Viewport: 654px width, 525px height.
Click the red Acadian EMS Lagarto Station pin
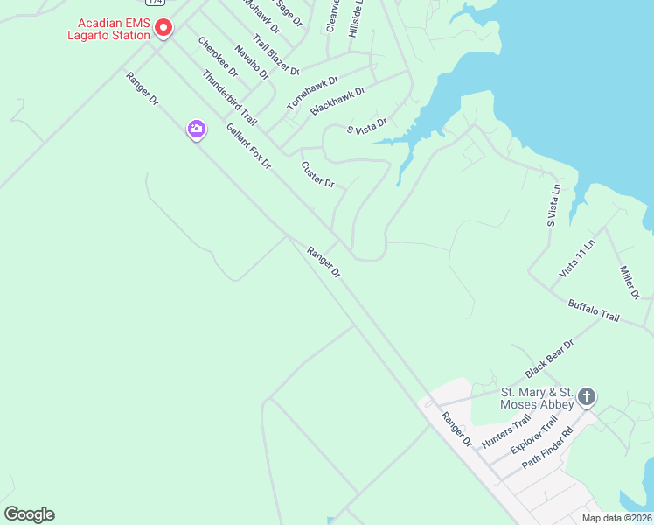click(163, 29)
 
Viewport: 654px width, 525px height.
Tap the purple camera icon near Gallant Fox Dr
click(197, 130)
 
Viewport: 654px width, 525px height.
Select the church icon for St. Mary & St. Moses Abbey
click(587, 397)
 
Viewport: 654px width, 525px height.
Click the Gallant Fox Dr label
click(249, 146)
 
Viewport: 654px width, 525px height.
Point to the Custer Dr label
click(317, 174)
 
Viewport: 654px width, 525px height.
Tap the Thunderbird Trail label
click(229, 97)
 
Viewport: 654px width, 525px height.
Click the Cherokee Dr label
click(218, 57)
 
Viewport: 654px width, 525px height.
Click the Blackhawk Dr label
click(337, 101)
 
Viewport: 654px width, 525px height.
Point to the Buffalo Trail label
click(594, 311)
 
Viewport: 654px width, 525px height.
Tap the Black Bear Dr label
click(550, 358)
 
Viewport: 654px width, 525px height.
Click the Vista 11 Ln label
click(577, 259)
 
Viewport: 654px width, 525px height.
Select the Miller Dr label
click(630, 281)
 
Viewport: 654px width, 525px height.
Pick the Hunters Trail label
click(506, 432)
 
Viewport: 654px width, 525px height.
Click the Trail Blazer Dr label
click(275, 54)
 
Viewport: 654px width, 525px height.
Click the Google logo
click(29, 514)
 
